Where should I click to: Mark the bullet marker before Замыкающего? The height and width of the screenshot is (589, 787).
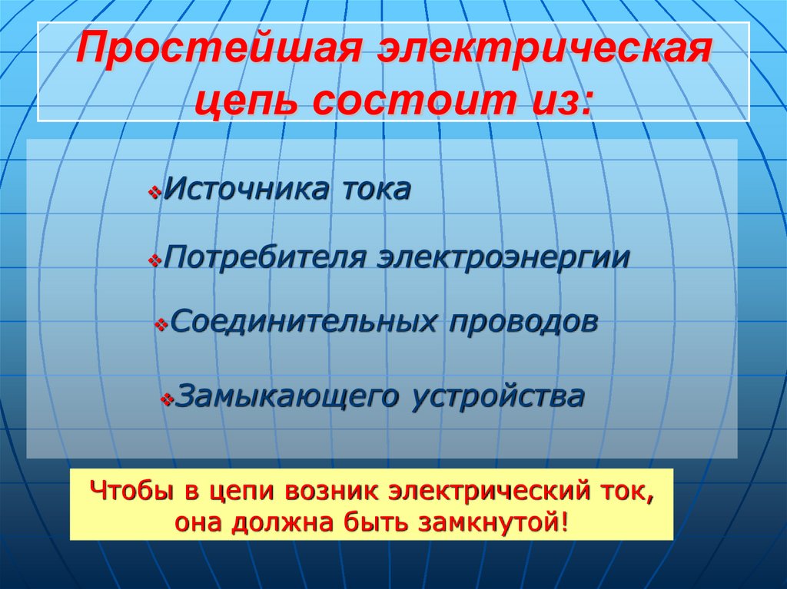(x=167, y=400)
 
